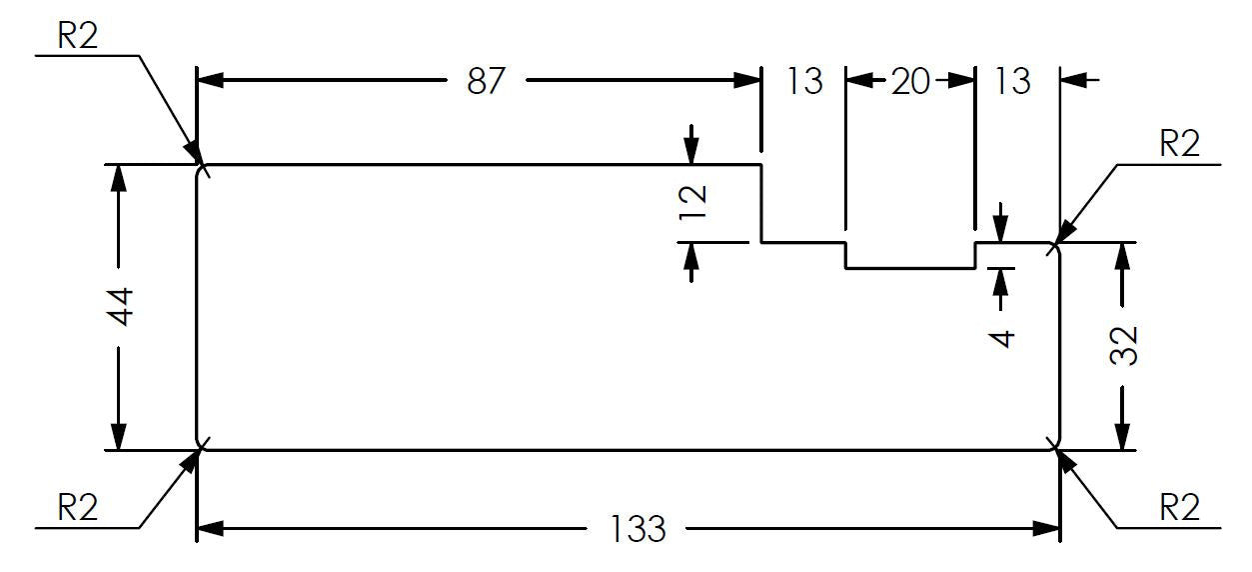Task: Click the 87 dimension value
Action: click(x=486, y=81)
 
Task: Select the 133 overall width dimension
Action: click(x=637, y=528)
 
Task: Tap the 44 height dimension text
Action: click(x=121, y=306)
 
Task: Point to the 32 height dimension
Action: click(x=1123, y=346)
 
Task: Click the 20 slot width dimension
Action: click(x=910, y=81)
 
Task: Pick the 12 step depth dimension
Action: click(x=692, y=202)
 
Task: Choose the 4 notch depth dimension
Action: click(x=1001, y=339)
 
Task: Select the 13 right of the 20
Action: click(x=1012, y=81)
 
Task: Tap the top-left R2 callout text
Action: click(x=78, y=36)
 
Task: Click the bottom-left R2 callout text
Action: click(x=78, y=508)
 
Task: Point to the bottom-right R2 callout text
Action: click(x=1179, y=508)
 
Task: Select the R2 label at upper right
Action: click(x=1179, y=144)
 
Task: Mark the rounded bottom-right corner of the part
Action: click(x=1057, y=447)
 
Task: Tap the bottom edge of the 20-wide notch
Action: click(x=910, y=268)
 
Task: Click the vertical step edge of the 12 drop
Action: click(x=760, y=204)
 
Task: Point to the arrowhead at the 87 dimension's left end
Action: click(x=211, y=81)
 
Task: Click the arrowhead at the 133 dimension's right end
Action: click(x=1046, y=528)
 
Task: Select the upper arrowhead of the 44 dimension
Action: click(x=118, y=179)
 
